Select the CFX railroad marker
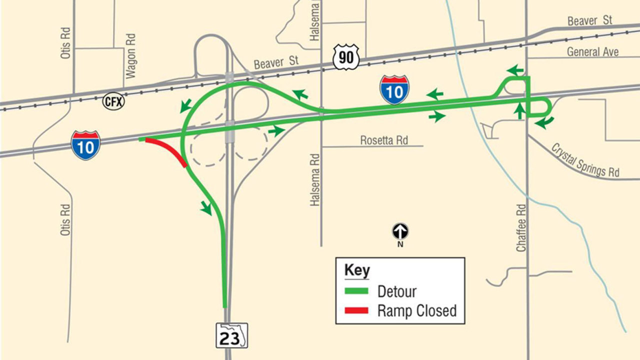(113, 101)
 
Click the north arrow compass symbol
(400, 231)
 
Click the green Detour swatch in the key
(356, 291)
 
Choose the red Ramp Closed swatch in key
(356, 310)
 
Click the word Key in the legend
(357, 270)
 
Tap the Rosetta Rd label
(384, 140)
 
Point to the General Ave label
(592, 51)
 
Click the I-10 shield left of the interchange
(85, 145)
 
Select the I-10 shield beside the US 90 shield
(394, 90)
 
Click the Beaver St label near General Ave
(590, 21)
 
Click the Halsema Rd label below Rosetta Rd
(314, 180)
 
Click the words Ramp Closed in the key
(417, 310)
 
